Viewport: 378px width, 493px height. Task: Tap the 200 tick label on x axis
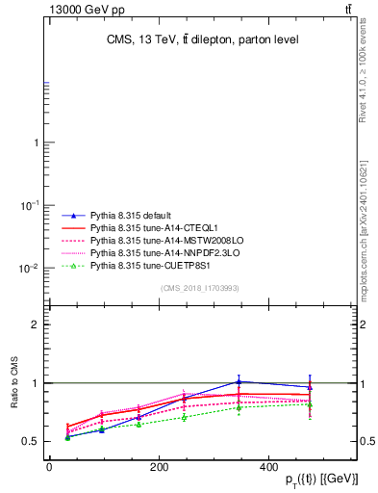click(x=192, y=466)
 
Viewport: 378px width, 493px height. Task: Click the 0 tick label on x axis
click(x=49, y=466)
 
